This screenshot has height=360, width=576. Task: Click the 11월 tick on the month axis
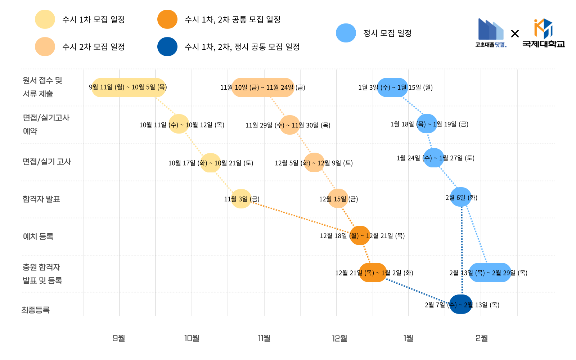pyautogui.click(x=264, y=338)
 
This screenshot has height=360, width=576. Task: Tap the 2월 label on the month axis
pyautogui.click(x=481, y=338)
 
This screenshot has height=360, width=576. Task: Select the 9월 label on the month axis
pyautogui.click(x=119, y=338)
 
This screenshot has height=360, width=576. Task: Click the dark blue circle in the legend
pyautogui.click(x=167, y=47)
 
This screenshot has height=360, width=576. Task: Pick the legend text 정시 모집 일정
pyautogui.click(x=387, y=33)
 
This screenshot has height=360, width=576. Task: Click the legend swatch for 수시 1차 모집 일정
pyautogui.click(x=45, y=19)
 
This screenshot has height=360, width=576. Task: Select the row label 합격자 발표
pyautogui.click(x=41, y=199)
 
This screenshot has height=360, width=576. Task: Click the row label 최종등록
pyautogui.click(x=35, y=310)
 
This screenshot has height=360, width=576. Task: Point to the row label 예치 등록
pyautogui.click(x=38, y=237)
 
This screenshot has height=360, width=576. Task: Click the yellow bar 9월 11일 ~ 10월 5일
pyautogui.click(x=129, y=87)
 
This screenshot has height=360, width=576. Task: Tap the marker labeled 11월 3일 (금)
pyautogui.click(x=241, y=199)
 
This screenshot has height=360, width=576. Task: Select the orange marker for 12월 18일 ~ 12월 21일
pyautogui.click(x=360, y=235)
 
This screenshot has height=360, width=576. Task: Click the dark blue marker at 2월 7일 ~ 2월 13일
pyautogui.click(x=461, y=304)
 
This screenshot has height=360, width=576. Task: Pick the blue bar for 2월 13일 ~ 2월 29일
pyautogui.click(x=490, y=273)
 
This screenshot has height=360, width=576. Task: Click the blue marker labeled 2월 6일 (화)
pyautogui.click(x=461, y=197)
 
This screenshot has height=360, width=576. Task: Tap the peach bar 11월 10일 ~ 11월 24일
pyautogui.click(x=263, y=87)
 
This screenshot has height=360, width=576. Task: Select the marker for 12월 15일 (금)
pyautogui.click(x=338, y=199)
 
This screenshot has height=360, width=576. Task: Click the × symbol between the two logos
pyautogui.click(x=515, y=33)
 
